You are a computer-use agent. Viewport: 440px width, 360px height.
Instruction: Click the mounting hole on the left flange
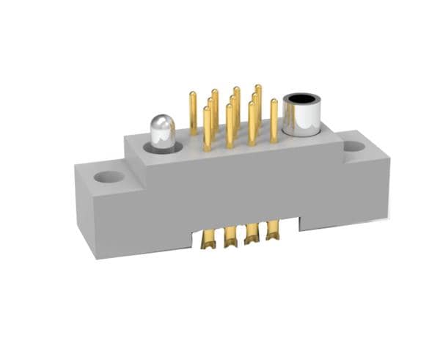109,177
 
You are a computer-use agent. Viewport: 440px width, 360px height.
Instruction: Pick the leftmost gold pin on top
193,114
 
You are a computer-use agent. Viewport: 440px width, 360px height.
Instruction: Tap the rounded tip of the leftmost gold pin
193,95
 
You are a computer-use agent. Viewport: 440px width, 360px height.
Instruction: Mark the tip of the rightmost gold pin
274,101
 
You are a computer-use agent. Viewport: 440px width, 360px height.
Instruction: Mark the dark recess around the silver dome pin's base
161,149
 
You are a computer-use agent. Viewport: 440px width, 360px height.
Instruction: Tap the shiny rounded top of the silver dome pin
161,120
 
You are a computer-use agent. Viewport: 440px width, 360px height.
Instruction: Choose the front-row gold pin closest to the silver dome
207,128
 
